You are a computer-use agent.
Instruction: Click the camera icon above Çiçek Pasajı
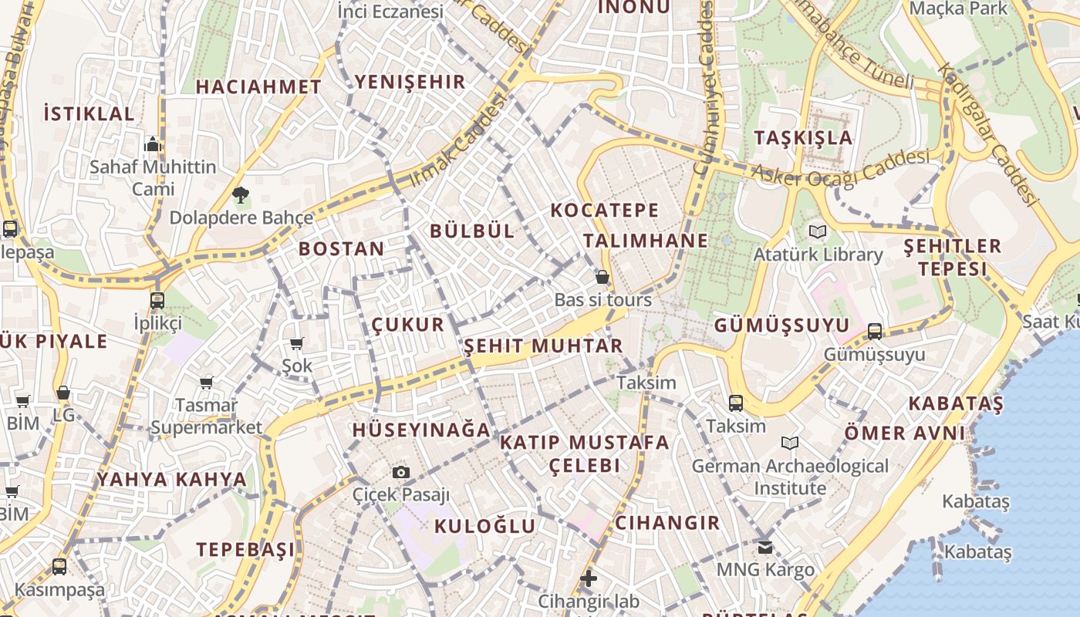(401, 472)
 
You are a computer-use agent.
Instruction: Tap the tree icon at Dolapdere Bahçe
(241, 195)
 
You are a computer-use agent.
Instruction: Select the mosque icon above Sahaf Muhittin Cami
(153, 144)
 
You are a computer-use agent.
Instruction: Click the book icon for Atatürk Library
(818, 231)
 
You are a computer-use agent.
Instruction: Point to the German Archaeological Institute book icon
(790, 443)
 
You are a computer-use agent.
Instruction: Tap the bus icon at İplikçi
(157, 300)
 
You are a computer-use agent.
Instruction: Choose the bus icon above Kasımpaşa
(59, 567)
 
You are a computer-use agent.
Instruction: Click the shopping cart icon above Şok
(297, 343)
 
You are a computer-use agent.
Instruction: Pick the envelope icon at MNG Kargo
(765, 548)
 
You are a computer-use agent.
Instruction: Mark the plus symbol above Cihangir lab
(589, 578)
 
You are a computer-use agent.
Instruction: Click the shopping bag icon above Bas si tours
(602, 277)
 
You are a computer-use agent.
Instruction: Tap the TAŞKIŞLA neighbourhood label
(803, 138)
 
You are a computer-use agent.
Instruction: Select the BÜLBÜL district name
(472, 231)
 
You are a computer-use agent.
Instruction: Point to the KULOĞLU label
(484, 526)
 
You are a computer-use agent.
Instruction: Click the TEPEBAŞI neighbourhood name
(245, 549)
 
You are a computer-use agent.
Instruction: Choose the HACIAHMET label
(258, 87)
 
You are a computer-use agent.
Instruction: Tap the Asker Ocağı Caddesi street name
(841, 169)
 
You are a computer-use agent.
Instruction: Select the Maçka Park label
(959, 8)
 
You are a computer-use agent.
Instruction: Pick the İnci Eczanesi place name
(390, 12)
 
